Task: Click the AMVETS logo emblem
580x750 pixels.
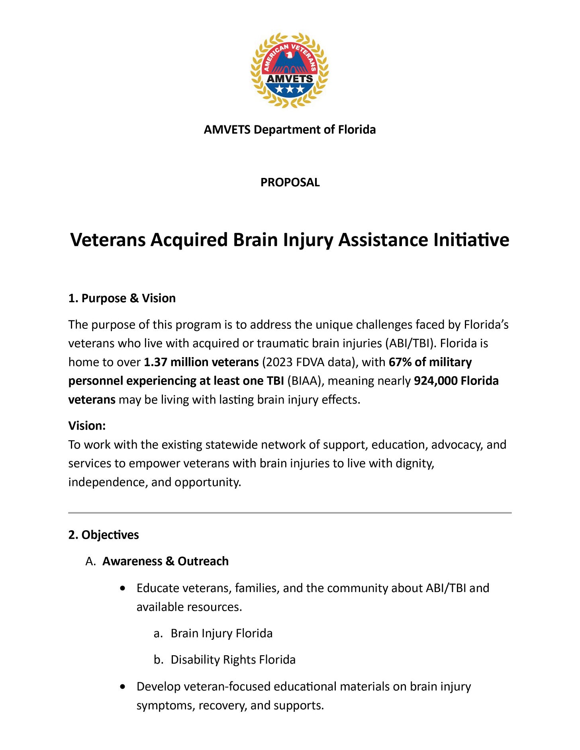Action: click(290, 70)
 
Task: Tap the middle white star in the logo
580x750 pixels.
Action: click(290, 90)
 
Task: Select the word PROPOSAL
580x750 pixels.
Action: click(290, 182)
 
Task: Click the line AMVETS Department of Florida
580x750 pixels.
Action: click(290, 130)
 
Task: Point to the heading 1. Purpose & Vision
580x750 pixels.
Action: click(122, 298)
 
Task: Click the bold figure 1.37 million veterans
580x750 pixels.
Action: click(201, 362)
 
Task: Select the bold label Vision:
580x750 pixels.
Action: click(87, 426)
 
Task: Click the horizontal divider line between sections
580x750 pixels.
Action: click(290, 513)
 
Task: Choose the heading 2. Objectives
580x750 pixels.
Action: click(104, 535)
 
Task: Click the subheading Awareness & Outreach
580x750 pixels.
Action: click(165, 561)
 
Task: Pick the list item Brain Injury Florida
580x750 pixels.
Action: click(221, 633)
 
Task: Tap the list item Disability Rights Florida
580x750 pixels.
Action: click(233, 660)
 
